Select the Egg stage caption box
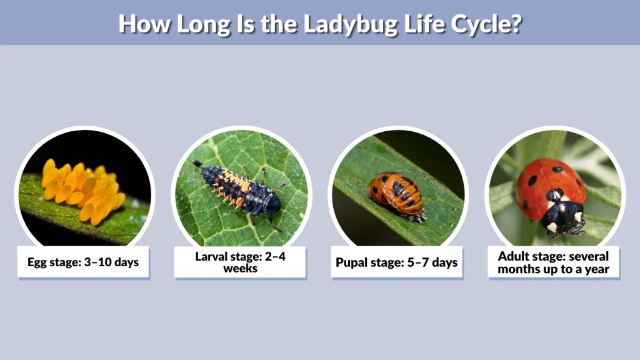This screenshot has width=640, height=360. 83,262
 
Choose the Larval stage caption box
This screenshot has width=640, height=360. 240,262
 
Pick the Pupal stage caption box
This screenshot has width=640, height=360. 397,262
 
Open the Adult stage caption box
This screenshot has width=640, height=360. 554,262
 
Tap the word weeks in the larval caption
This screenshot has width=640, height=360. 240,269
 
